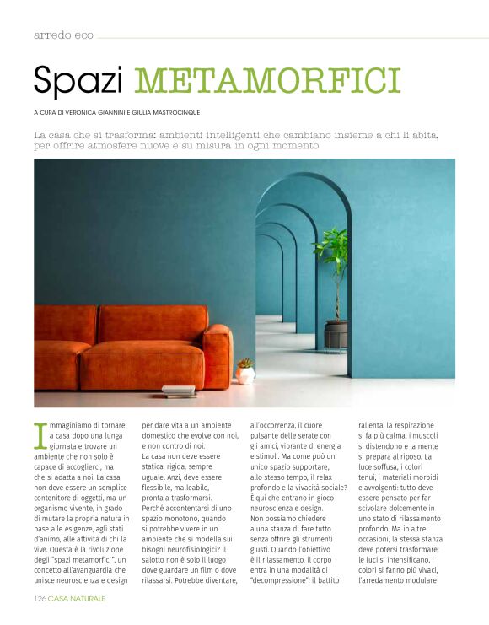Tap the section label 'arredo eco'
(x=63, y=35)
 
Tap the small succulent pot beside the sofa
(x=245, y=370)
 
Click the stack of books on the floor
(x=178, y=391)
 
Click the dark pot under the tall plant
(x=336, y=334)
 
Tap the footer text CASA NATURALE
(x=77, y=598)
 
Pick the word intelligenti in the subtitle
(x=244, y=134)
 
